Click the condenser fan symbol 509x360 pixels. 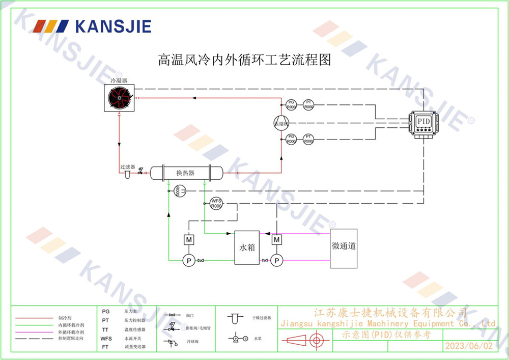coord(119,97)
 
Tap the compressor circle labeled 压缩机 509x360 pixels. coord(281,123)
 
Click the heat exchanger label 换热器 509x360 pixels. coord(185,173)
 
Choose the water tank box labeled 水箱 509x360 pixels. coord(247,247)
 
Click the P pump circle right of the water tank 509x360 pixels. coord(276,261)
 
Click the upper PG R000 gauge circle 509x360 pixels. coord(291,105)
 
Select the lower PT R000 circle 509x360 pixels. coord(308,139)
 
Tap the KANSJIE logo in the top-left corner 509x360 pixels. coord(92,26)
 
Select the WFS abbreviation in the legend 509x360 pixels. coord(106,339)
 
